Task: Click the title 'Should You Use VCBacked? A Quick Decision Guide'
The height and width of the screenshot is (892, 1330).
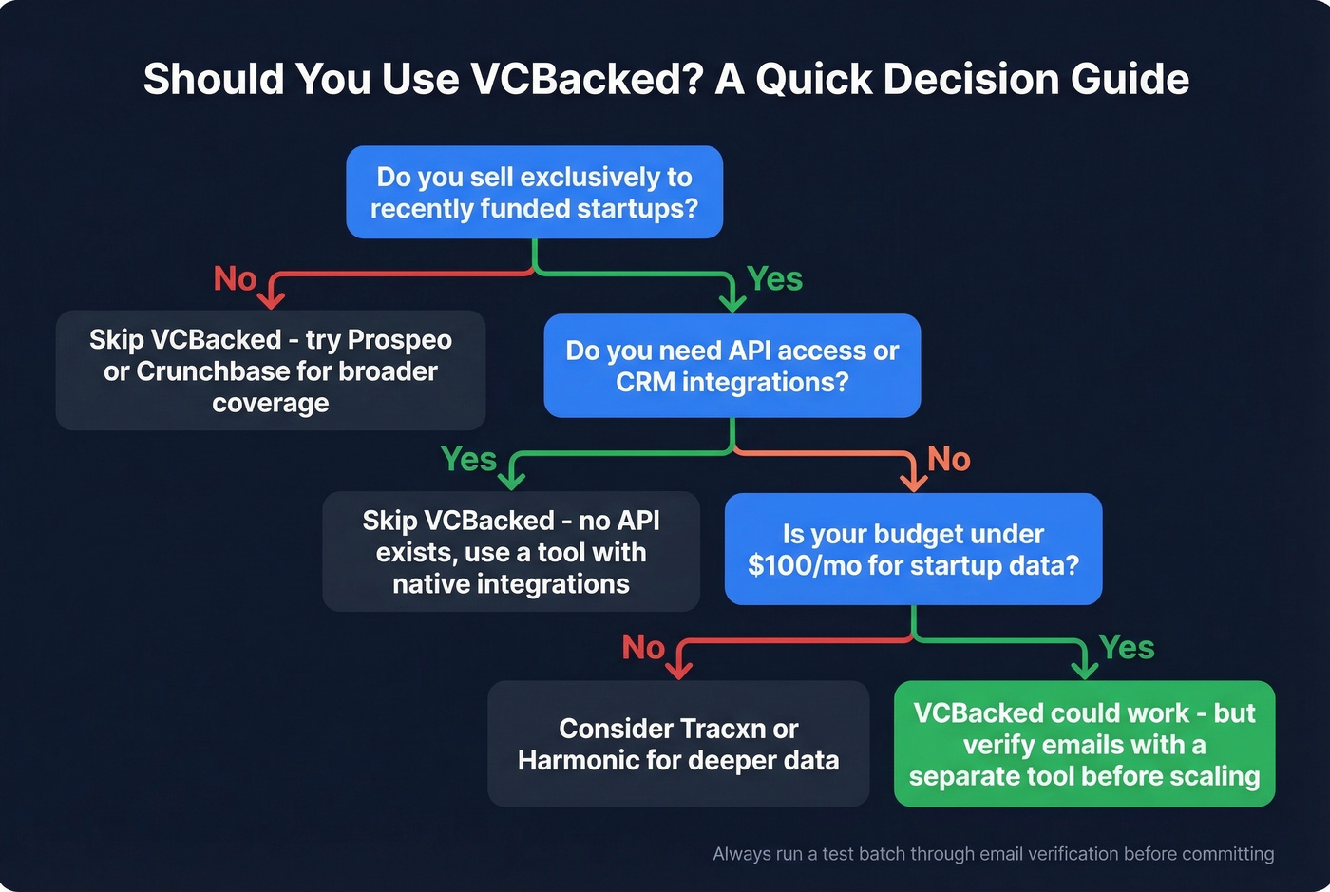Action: (666, 79)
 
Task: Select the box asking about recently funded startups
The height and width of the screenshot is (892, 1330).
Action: (534, 192)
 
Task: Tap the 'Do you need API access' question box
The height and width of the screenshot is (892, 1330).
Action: (731, 366)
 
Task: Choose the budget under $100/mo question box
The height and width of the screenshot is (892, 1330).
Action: (913, 549)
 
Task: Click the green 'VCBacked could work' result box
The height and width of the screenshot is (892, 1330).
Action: (1084, 744)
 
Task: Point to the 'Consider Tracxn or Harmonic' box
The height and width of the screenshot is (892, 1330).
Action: (678, 744)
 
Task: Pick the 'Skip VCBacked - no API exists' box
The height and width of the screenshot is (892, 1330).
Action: (511, 551)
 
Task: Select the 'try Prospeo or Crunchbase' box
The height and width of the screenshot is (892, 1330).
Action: (271, 370)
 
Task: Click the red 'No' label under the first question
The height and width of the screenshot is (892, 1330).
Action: (235, 279)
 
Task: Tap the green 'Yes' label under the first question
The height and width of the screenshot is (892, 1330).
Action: (774, 279)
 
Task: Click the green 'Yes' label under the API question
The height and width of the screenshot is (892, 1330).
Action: (468, 460)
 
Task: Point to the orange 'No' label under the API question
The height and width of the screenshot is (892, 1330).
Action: (948, 460)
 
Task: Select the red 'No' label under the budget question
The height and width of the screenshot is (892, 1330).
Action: (643, 648)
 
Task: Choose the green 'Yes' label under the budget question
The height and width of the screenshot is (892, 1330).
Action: (1127, 648)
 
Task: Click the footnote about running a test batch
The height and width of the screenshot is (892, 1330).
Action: (993, 854)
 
